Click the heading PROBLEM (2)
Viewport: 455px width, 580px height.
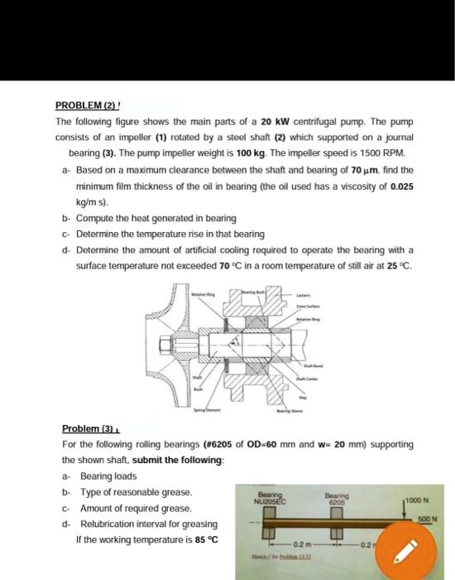pos(87,105)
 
